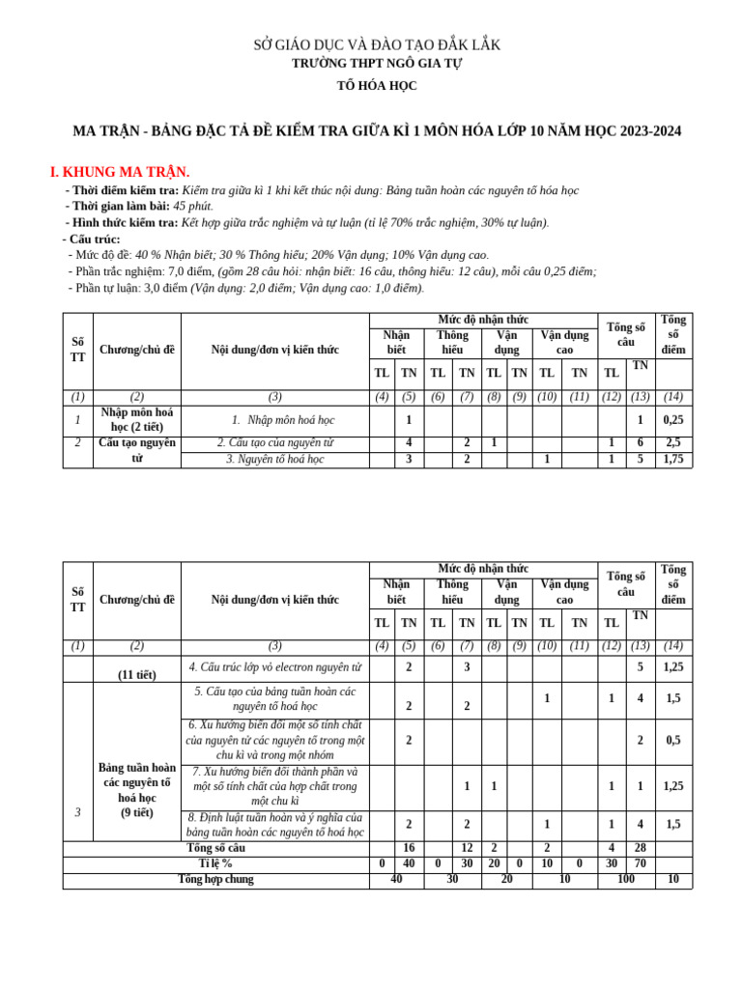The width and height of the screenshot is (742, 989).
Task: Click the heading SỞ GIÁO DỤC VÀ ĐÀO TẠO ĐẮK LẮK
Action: coord(377,45)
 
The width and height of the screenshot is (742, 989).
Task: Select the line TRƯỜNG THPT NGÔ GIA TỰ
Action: coord(377,64)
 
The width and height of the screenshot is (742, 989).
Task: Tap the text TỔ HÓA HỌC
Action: coord(377,86)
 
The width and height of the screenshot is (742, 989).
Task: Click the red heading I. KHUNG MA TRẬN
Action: coord(120,172)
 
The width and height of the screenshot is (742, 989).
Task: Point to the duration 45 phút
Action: coord(193,206)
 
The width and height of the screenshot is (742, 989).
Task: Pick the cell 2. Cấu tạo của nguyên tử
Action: coord(275,442)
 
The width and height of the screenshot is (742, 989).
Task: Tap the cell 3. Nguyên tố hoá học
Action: coord(275,460)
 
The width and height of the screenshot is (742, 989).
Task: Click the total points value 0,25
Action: coord(673,420)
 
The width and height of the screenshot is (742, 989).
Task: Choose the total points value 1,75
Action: coord(673,460)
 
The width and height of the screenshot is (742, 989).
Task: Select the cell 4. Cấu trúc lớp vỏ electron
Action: coord(275,667)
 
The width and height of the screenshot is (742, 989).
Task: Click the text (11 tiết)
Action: coord(136,675)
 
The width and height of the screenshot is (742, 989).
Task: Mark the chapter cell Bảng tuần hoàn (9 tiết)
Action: coord(136,790)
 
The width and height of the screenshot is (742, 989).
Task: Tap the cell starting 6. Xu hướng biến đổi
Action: coord(275,740)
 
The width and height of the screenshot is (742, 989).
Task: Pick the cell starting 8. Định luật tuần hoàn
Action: coord(275,825)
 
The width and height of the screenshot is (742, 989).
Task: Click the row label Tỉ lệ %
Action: coord(215,863)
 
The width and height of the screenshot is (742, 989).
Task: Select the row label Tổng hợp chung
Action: coord(215,879)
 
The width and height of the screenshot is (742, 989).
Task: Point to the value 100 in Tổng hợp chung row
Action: coord(625,880)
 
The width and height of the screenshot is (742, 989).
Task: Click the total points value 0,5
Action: coord(673,741)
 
